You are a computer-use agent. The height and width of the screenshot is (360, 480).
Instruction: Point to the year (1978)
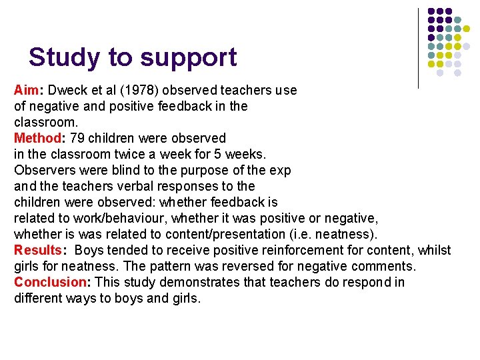[131, 90]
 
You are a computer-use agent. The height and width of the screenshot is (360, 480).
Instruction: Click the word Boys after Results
[90, 251]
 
